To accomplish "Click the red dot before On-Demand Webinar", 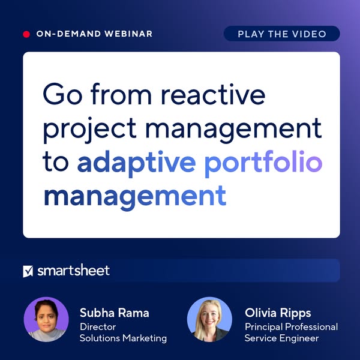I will coord(26,34).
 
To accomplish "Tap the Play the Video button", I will coord(281,34).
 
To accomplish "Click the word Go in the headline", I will coord(61,96).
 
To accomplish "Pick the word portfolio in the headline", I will coord(263,163).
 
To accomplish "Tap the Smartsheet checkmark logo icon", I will coord(28,271).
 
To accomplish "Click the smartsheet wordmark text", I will coord(73,271).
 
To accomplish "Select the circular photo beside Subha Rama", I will coord(46,320).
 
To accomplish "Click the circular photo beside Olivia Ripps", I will coord(209,320).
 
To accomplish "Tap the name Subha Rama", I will coord(113,313).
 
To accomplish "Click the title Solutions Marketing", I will coord(123,338).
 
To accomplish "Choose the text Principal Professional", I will coord(291,326).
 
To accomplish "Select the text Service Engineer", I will coord(281,338).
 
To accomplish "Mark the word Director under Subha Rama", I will coord(97,326).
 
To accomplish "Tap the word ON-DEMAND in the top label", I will coord(62,34).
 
